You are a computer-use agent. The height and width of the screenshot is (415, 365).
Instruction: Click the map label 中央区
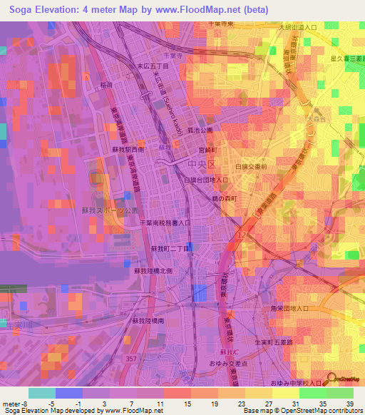(200, 165)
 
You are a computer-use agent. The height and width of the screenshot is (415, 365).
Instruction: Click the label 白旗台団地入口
(206, 181)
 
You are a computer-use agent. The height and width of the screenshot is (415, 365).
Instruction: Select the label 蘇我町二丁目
(169, 248)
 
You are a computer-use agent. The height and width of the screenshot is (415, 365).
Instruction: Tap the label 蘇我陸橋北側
(155, 271)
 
